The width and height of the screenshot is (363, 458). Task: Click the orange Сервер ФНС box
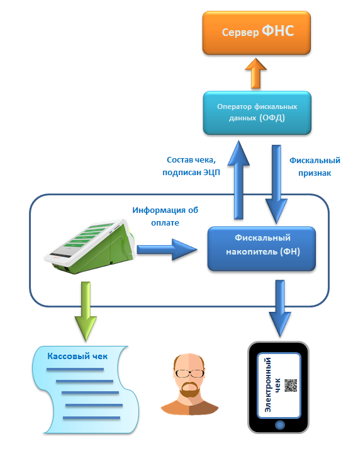coord(257,33)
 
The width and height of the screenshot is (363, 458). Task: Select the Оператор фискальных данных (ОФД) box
coord(257,113)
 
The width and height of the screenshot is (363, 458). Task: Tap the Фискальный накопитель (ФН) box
coord(262,249)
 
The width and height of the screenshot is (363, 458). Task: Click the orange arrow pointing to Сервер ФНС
coord(256,73)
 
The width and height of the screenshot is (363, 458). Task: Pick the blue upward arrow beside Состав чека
coord(238,180)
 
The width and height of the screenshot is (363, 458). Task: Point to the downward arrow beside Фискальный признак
coord(276,185)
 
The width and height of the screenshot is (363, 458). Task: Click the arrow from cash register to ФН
coord(167,249)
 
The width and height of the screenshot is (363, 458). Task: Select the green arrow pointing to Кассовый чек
coord(86,311)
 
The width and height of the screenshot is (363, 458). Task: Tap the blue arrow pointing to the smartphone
coord(280,309)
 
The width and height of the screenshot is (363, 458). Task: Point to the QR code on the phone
coord(291,386)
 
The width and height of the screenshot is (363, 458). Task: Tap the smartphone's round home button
coord(279,425)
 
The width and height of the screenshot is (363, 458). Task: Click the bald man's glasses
coord(189,374)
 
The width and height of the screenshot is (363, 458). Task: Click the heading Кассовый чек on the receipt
coord(77,357)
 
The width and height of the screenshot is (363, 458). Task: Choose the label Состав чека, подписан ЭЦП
coord(191,166)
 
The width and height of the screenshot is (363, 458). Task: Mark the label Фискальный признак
coord(315,166)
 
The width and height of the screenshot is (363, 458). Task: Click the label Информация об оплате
coord(165,217)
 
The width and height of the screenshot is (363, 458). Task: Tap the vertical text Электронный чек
coord(272,385)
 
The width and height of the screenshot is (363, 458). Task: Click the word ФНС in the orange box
coord(278,31)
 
